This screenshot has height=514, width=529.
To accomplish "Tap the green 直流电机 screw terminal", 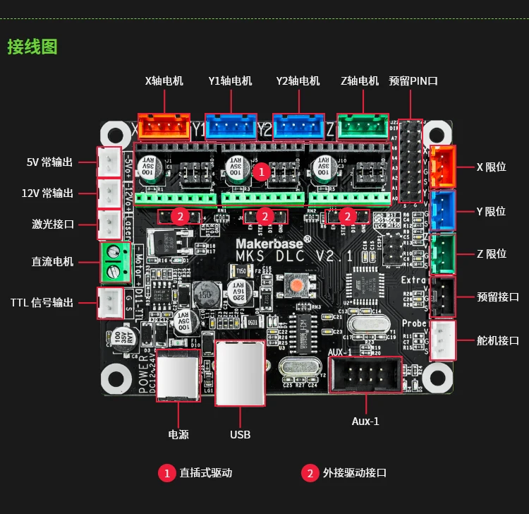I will click(x=112, y=262).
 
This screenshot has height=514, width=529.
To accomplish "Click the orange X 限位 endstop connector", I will click(x=443, y=167).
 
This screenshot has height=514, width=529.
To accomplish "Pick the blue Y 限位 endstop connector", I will click(x=443, y=210).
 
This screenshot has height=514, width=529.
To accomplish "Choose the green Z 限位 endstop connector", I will click(x=443, y=253).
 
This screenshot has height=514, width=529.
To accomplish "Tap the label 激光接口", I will click(x=53, y=225).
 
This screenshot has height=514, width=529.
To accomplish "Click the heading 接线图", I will click(x=32, y=47).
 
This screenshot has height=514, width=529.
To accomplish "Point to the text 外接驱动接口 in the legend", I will click(x=355, y=473).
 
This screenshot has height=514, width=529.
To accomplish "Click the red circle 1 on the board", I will click(x=261, y=171).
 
